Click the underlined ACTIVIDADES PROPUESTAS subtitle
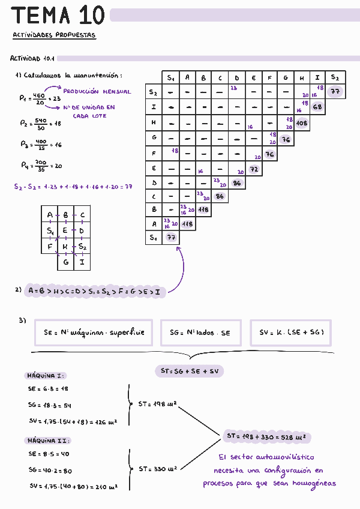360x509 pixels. tap(54, 35)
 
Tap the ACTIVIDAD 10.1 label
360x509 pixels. tap(32, 59)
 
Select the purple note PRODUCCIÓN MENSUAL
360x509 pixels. tap(97, 92)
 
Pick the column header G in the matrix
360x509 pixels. tap(286, 78)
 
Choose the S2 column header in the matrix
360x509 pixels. tap(334, 78)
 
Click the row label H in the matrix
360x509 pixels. tap(154, 122)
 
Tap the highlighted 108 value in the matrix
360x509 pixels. tap(302, 123)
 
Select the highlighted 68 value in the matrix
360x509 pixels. tap(317, 107)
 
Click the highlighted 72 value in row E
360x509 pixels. tap(253, 169)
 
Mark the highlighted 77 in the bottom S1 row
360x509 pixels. tap(170, 238)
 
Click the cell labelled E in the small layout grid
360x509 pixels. tap(65, 230)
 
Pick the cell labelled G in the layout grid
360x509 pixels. tap(65, 262)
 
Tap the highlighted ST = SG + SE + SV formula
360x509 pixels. tap(189, 371)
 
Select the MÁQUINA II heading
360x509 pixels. tap(48, 440)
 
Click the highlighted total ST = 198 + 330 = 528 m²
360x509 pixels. tap(266, 436)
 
